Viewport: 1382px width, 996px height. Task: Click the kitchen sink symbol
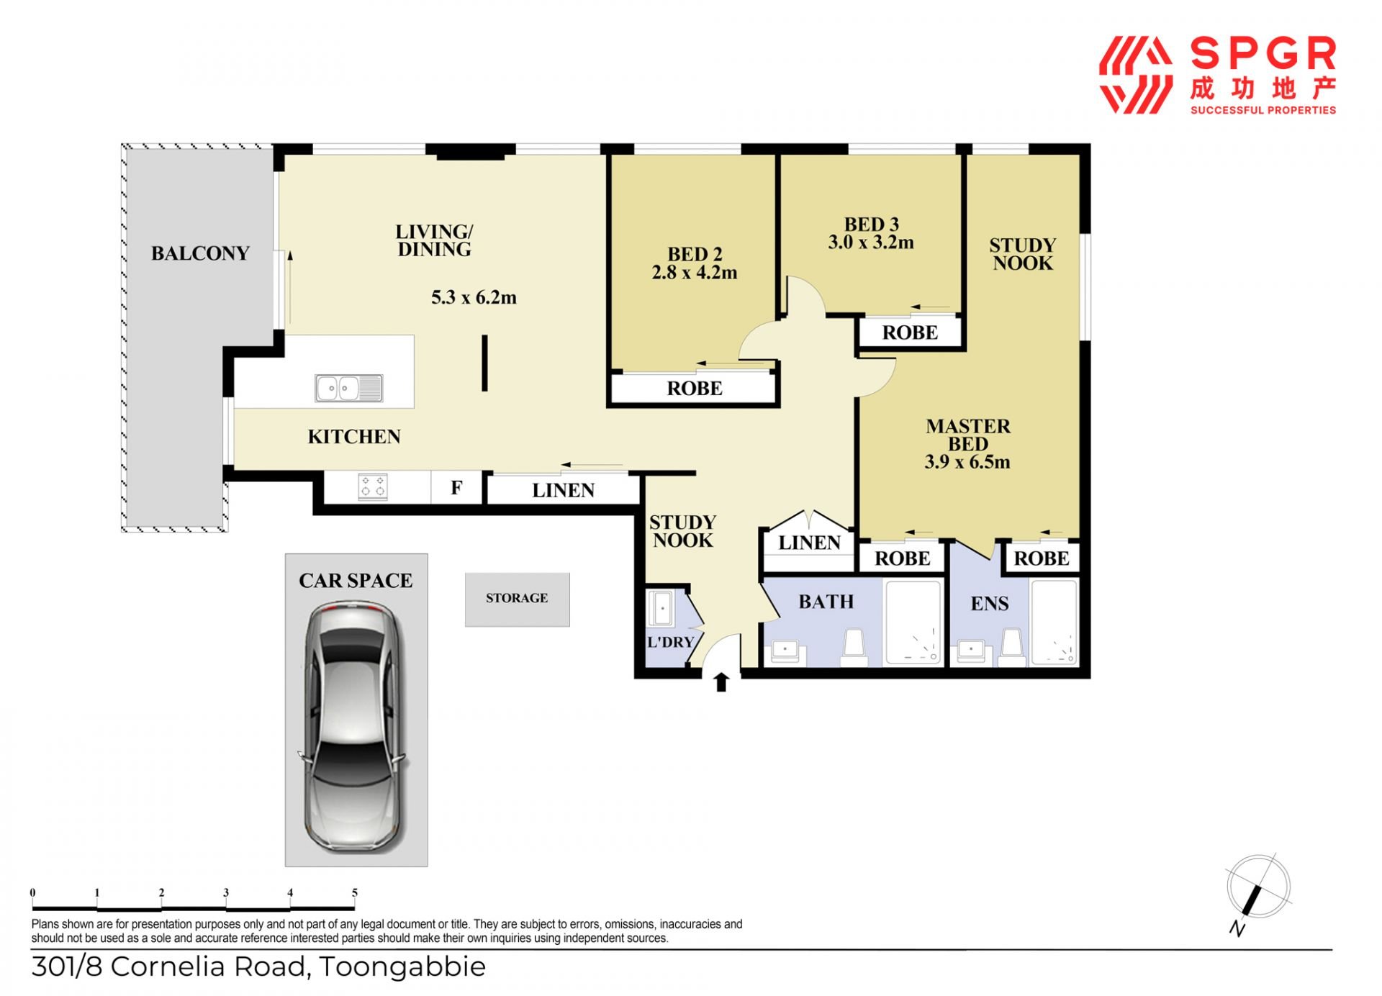(349, 389)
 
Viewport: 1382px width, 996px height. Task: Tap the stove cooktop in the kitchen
(373, 487)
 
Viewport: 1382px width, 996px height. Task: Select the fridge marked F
(456, 488)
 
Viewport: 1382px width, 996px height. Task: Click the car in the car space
(353, 727)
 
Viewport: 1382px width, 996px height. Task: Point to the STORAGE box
(517, 599)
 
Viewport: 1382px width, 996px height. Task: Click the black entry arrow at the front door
(721, 682)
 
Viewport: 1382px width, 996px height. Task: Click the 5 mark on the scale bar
(355, 893)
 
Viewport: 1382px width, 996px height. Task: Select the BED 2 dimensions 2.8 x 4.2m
(695, 273)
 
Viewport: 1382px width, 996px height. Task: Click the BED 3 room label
(872, 225)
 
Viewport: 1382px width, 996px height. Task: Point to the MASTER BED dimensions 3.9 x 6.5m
(967, 462)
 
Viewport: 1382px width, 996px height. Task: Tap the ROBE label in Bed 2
(695, 389)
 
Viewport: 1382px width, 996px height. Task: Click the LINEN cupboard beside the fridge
(564, 490)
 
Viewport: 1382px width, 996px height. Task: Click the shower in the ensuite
(1054, 622)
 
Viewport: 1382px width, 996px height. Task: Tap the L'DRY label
(670, 642)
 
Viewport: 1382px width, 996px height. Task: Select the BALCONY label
(200, 253)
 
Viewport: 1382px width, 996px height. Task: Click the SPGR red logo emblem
(1136, 76)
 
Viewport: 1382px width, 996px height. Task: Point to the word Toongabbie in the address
(402, 966)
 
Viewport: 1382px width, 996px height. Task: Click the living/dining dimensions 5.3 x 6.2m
(474, 297)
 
